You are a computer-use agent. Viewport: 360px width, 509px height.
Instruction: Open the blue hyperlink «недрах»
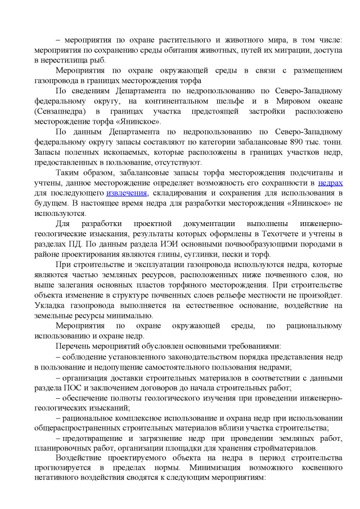[330, 183]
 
